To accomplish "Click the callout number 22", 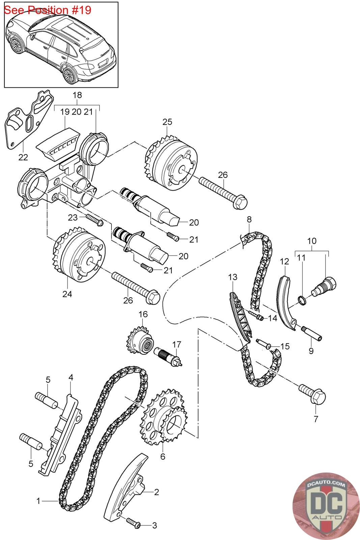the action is point(23,157).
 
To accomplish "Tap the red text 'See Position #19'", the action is point(48,10).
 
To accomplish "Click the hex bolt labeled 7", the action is point(312,395).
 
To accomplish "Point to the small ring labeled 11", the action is point(302,300).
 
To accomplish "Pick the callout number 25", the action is point(167,122).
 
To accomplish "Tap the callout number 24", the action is point(67,294).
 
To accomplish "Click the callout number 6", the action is point(163,456).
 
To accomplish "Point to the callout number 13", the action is point(232,277).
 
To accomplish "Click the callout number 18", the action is point(77,95).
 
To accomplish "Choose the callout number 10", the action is point(312,241).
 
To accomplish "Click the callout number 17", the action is point(176,345).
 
